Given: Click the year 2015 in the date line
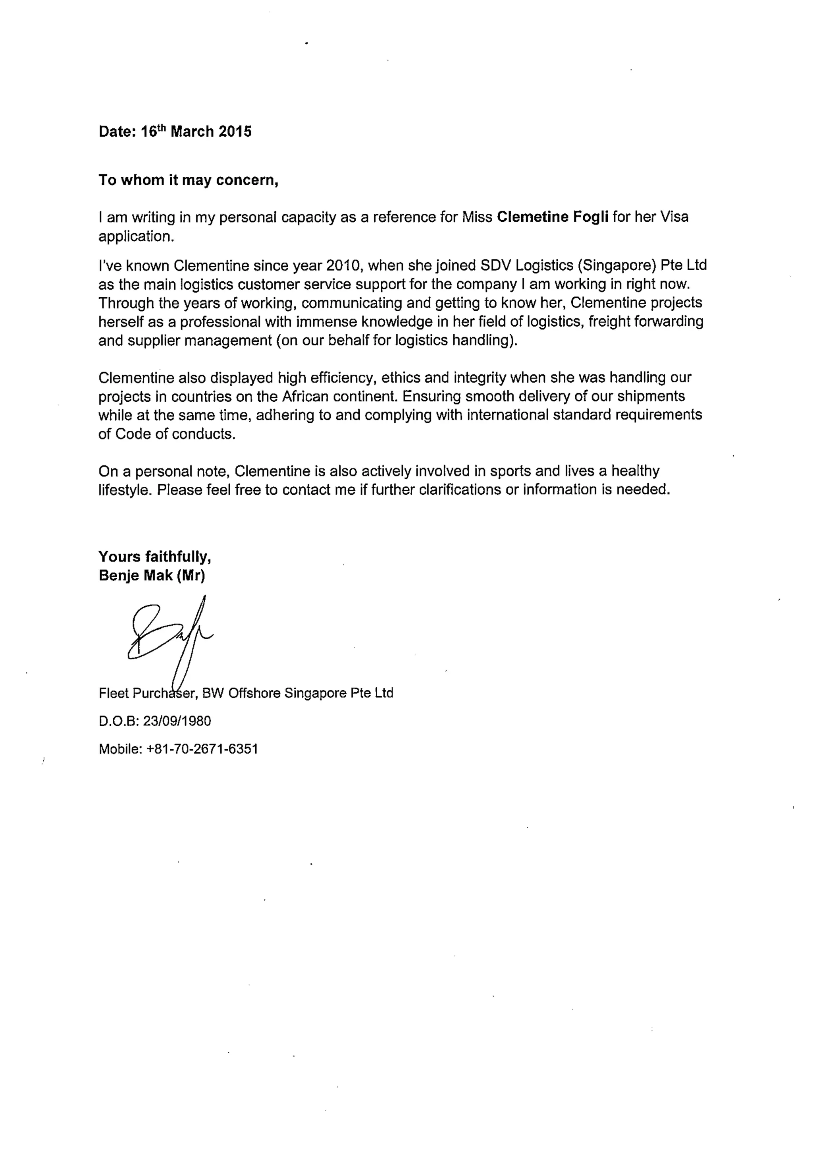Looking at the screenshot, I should pos(235,132).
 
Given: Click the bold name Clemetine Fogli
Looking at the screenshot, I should pos(553,217).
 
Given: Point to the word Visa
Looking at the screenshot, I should pos(674,217).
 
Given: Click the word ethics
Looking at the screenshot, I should pos(401,377).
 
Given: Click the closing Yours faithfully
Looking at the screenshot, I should pos(154,557).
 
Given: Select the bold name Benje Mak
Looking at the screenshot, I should pos(136,575).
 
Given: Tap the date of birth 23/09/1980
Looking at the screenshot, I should pos(177,722).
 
